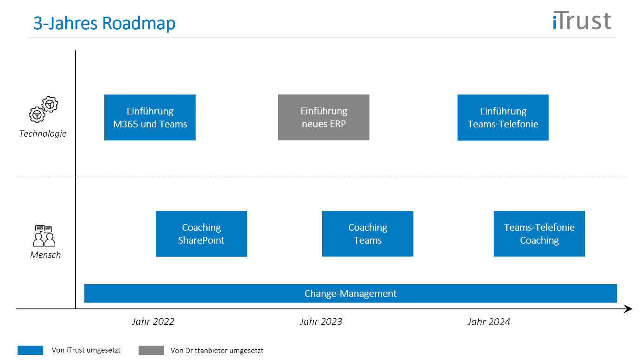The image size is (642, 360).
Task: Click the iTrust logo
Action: pyautogui.click(x=582, y=21)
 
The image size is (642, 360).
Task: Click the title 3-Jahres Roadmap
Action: pyautogui.click(x=104, y=23)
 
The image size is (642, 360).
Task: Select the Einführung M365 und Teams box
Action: pyautogui.click(x=150, y=118)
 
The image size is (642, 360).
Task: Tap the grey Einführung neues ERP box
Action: pyautogui.click(x=324, y=118)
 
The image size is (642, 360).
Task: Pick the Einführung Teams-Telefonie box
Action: pyautogui.click(x=503, y=118)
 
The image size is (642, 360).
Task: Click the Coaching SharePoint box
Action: pyautogui.click(x=201, y=234)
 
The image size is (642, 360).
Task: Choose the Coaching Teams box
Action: pyautogui.click(x=368, y=234)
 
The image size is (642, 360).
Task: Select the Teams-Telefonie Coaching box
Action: pyautogui.click(x=539, y=234)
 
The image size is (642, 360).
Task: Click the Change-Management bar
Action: pyautogui.click(x=350, y=294)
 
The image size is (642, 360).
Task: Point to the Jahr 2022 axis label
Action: pyautogui.click(x=153, y=322)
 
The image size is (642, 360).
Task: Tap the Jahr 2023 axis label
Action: pyautogui.click(x=321, y=322)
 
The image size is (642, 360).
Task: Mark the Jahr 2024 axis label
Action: pyautogui.click(x=489, y=322)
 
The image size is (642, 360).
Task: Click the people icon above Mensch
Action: pyautogui.click(x=44, y=235)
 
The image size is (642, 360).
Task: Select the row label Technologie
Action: pyautogui.click(x=43, y=134)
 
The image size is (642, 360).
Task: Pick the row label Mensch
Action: pyautogui.click(x=45, y=255)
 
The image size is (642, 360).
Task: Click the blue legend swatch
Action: pyautogui.click(x=30, y=351)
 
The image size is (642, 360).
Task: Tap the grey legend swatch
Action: pyautogui.click(x=151, y=351)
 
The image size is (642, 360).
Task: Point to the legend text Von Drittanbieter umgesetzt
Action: pyautogui.click(x=217, y=351)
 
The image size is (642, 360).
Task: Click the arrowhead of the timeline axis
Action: pyautogui.click(x=628, y=309)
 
